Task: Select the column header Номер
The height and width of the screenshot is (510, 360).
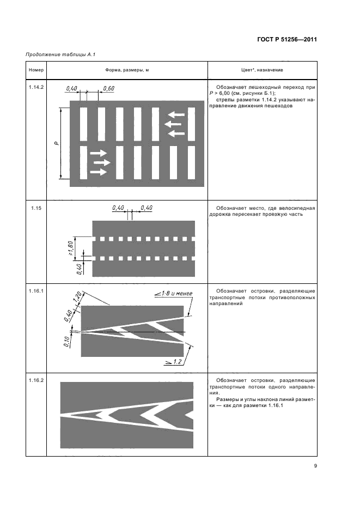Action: (x=35, y=70)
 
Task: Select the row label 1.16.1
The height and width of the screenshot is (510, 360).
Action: (x=35, y=291)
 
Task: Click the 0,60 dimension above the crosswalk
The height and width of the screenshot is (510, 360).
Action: (x=108, y=88)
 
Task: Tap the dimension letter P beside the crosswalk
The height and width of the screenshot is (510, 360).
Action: (x=56, y=143)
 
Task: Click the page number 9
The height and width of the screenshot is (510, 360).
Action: (x=315, y=465)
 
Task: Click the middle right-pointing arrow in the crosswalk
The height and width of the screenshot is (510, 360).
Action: (x=102, y=162)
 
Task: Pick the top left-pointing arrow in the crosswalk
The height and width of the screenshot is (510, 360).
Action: (x=175, y=114)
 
